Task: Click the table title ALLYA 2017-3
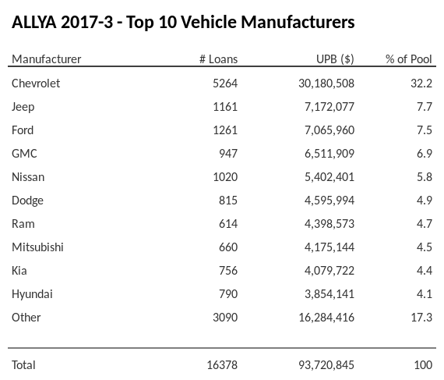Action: (183, 22)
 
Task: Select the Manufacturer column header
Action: (46, 59)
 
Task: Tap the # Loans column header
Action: (219, 59)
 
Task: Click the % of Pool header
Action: (409, 59)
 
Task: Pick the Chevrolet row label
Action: (36, 83)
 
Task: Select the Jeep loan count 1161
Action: (224, 106)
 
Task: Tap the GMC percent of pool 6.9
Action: (424, 153)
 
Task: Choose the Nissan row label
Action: (28, 176)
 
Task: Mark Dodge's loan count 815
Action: (227, 200)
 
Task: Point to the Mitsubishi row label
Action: (37, 247)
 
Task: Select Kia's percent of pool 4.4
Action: (424, 270)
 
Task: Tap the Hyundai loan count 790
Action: (227, 293)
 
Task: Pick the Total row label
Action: (23, 364)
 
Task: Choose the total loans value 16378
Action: (221, 364)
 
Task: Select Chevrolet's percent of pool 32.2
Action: (421, 83)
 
